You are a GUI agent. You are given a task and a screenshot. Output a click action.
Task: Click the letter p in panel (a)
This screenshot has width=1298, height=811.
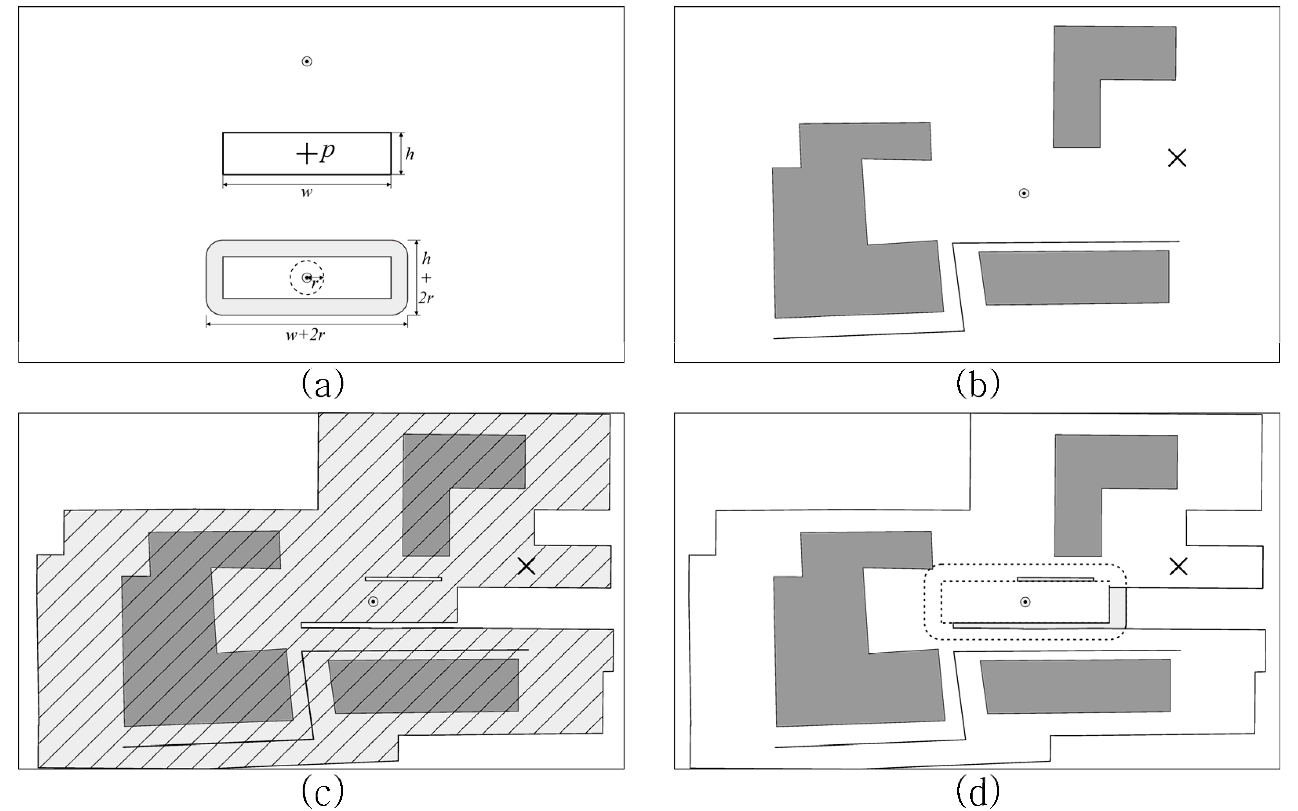click(327, 152)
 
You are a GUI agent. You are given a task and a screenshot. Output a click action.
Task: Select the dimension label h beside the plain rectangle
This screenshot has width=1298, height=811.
click(409, 155)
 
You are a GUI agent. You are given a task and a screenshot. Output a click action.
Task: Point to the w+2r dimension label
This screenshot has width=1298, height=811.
click(305, 335)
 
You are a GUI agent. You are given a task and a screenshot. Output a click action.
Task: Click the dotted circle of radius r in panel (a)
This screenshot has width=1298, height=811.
click(307, 277)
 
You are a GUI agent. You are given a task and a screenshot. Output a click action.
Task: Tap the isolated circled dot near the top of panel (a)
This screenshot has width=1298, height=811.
click(307, 62)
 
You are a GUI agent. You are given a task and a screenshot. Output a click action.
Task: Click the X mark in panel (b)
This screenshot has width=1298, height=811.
click(1177, 158)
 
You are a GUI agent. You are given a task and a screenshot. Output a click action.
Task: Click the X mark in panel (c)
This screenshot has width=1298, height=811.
click(526, 566)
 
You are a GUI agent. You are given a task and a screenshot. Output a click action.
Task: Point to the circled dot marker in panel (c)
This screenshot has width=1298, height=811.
click(373, 601)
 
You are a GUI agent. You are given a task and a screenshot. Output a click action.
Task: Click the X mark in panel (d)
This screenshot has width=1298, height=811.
click(1178, 566)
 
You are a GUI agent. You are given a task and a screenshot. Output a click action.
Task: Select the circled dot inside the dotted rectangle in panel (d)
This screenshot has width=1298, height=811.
click(1025, 602)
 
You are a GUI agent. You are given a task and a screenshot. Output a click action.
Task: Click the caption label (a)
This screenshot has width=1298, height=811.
click(323, 383)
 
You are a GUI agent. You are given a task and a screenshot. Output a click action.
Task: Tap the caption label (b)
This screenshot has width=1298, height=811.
click(978, 383)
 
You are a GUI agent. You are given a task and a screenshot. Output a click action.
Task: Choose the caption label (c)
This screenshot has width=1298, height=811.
click(323, 791)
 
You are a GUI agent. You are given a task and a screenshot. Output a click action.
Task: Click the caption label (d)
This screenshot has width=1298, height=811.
click(978, 791)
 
